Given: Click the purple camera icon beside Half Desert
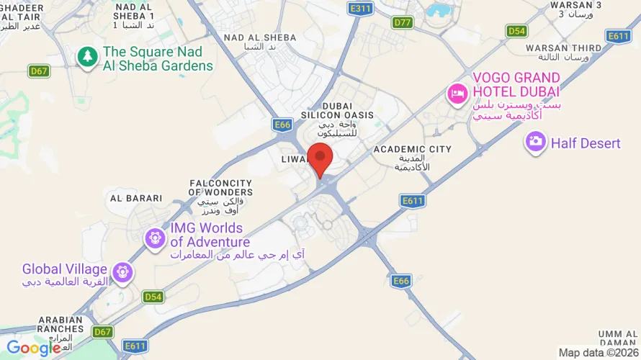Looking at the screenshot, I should pos(535,142).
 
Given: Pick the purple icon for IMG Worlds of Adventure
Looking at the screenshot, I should pos(155,238).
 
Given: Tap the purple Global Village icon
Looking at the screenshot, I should pos(123,271).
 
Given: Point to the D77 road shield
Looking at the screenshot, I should pos(403,23).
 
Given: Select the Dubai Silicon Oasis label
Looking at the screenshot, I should pos(338,110).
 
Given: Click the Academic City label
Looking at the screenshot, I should pos(413,150).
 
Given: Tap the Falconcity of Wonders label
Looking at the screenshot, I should pos(220,188).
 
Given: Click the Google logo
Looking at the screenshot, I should pos(34,348).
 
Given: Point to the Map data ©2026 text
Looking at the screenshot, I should pos(597,353).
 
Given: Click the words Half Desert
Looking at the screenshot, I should pos(586,143).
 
